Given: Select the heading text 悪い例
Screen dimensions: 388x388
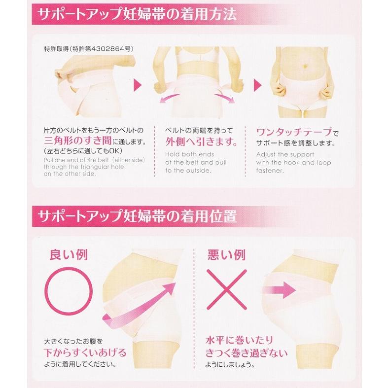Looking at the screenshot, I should (x=229, y=254).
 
